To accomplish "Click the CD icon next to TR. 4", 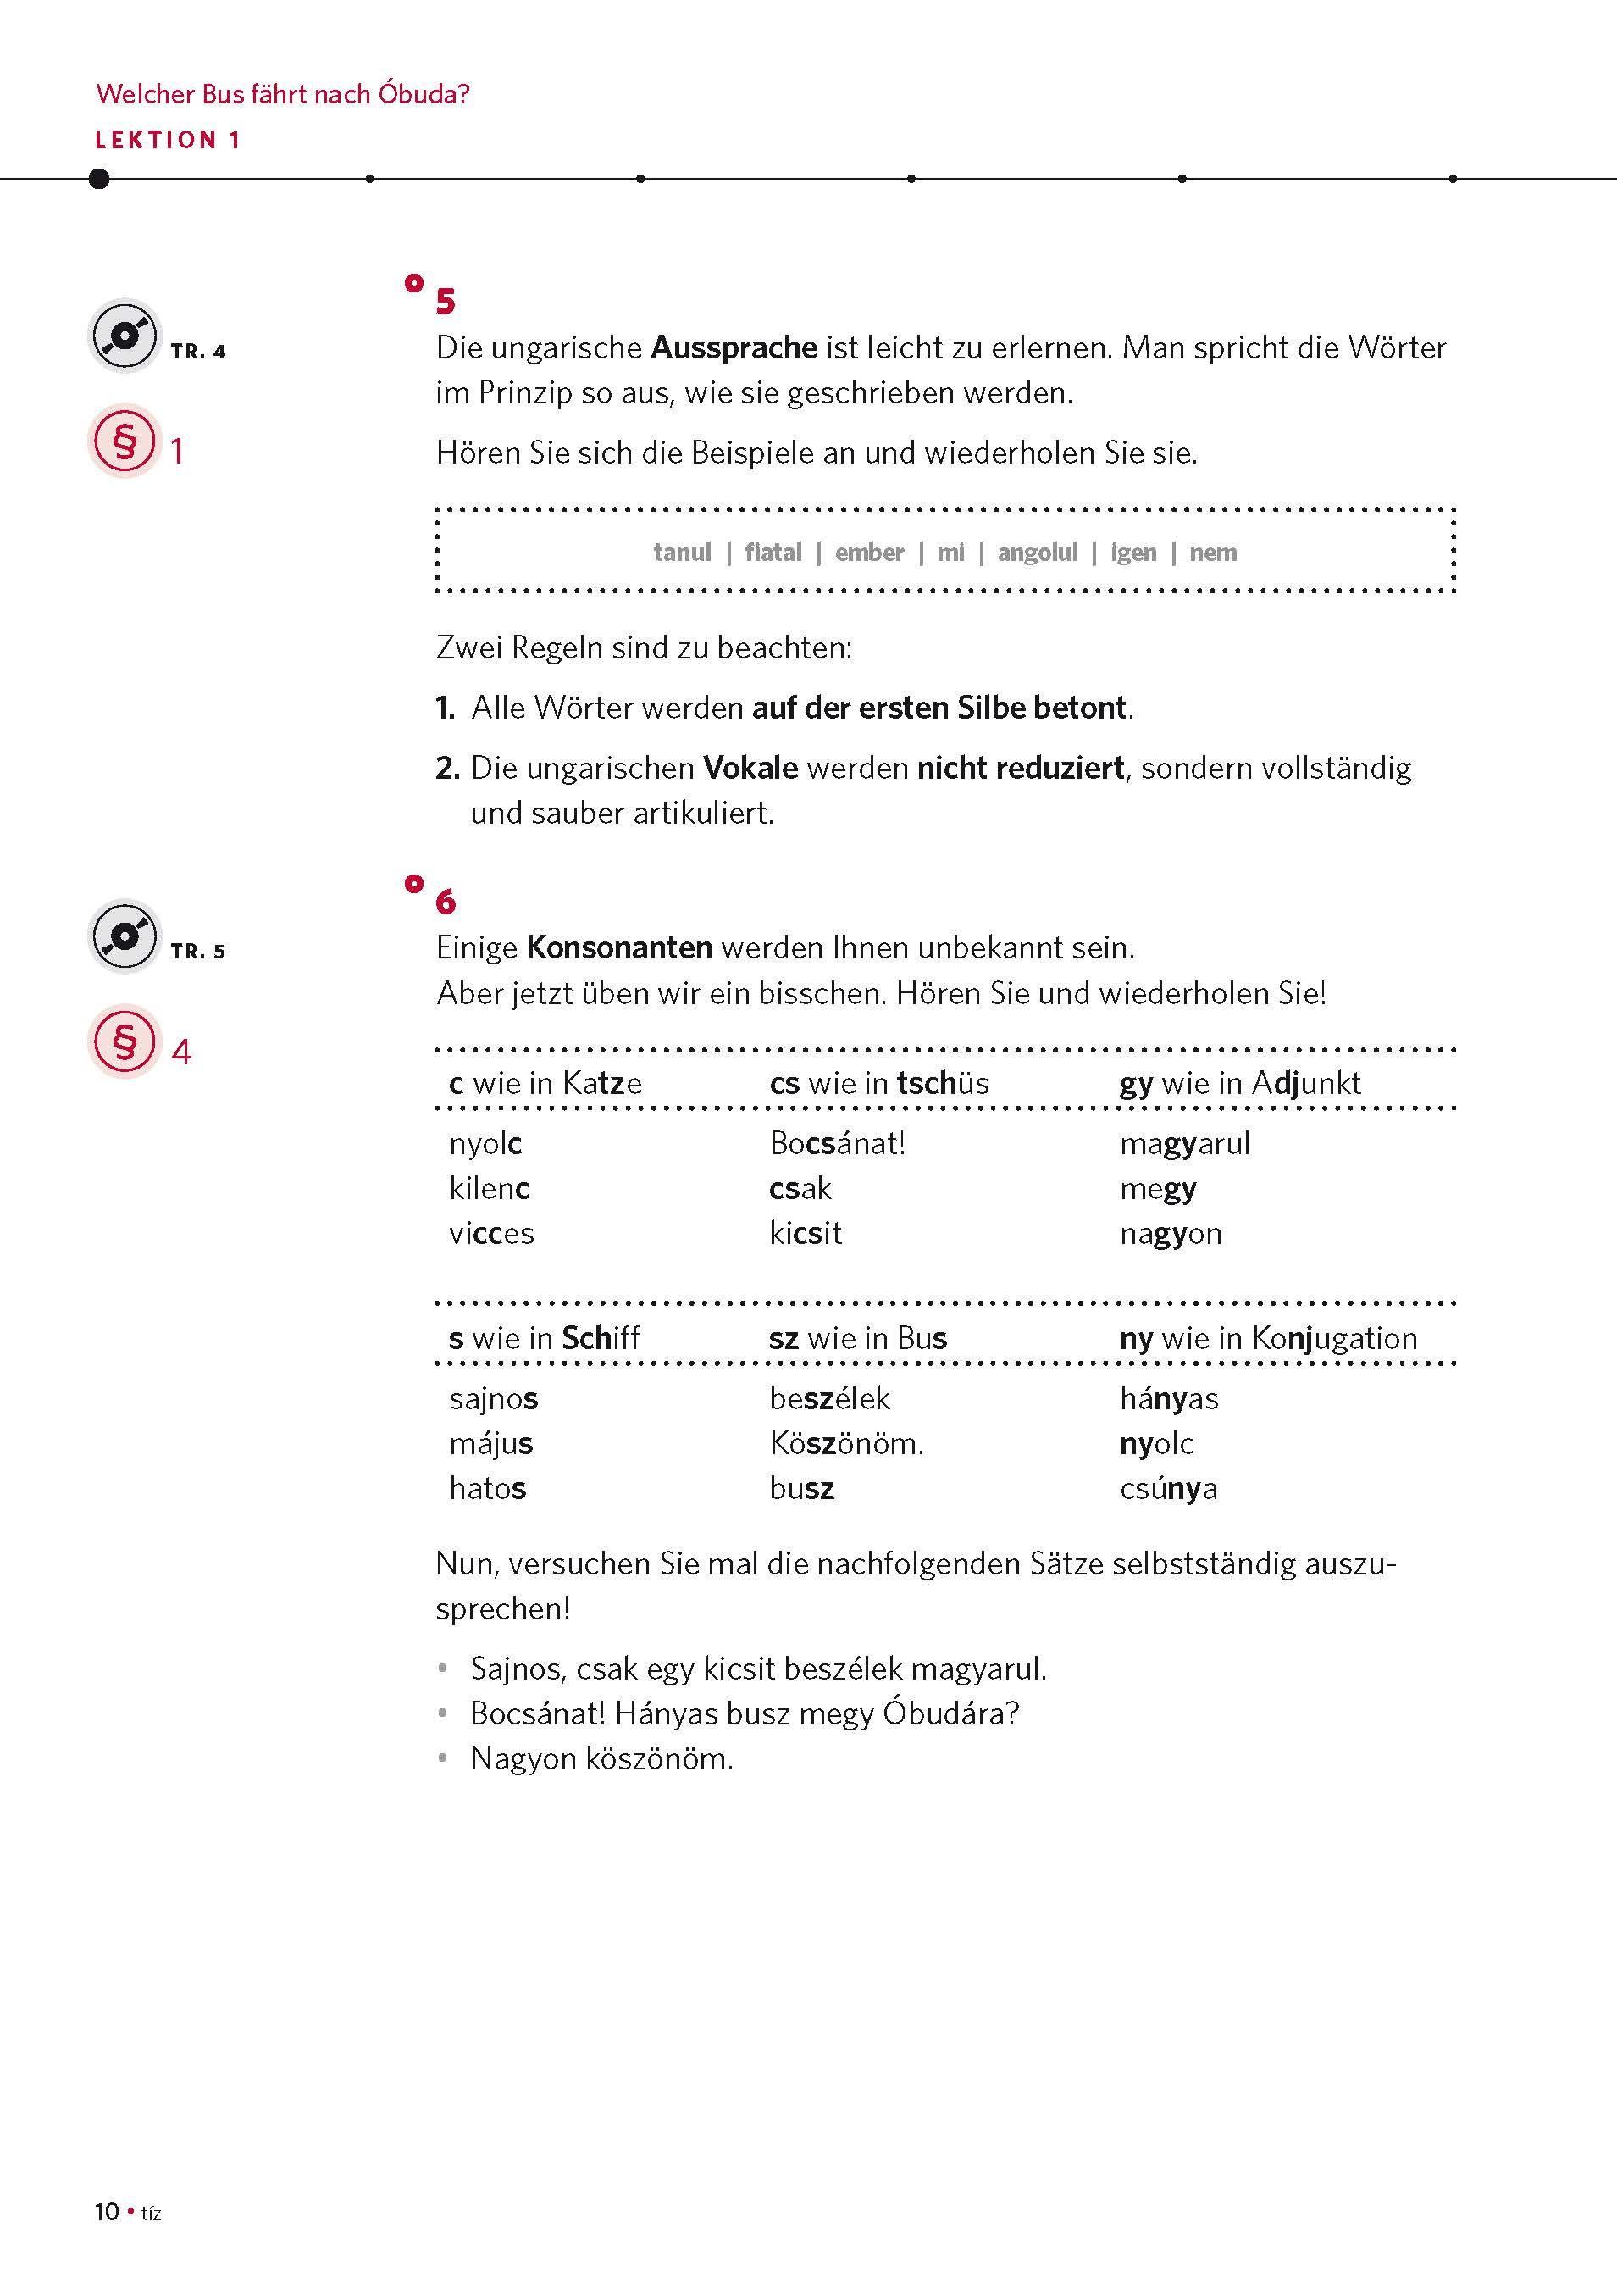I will tap(125, 336).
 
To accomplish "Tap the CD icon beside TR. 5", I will tap(125, 936).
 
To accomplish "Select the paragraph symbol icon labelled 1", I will tap(125, 441).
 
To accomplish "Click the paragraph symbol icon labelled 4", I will tap(125, 1041).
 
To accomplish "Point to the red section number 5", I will tap(446, 301).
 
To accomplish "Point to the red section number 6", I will tap(446, 902).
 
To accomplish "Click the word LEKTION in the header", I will tap(155, 141).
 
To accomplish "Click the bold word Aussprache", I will tap(734, 347).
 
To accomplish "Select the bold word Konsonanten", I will tap(618, 947).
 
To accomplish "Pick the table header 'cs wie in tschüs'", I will tap(878, 1083).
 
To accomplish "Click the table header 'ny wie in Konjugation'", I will tap(1267, 1337).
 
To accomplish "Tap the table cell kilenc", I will tap(490, 1188).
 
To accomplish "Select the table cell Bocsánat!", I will tap(837, 1143).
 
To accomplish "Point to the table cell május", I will tap(491, 1443).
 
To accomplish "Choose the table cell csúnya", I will tap(1168, 1489).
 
